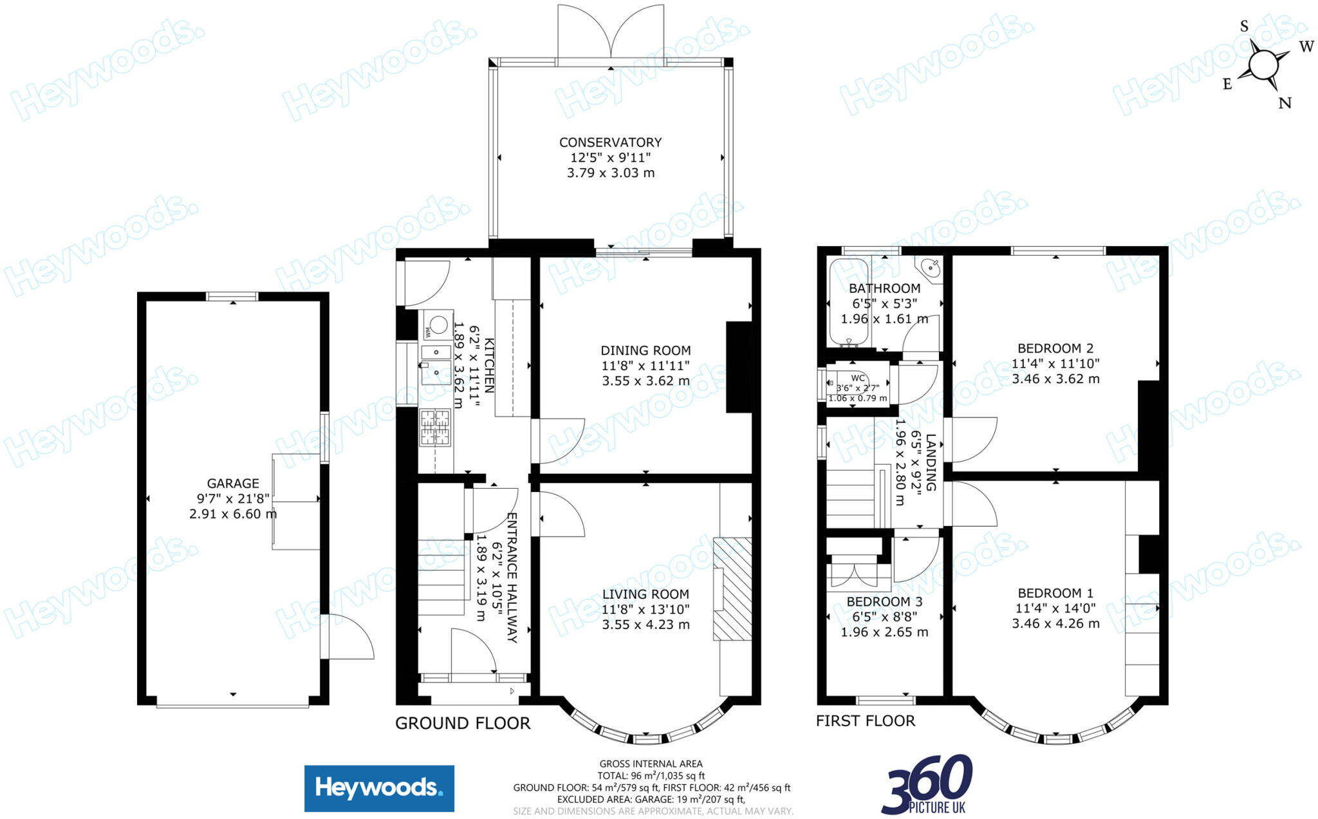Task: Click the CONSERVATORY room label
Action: coord(610,142)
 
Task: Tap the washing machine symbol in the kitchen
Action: coord(437,325)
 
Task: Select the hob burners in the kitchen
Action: coord(435,428)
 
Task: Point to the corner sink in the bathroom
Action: coord(929,268)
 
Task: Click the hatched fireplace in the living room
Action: coord(732,588)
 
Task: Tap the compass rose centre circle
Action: coord(1263,65)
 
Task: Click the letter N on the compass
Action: coord(1285,103)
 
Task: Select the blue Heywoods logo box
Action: coord(379,788)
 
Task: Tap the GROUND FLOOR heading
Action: coord(463,723)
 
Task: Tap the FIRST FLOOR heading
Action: coord(865,720)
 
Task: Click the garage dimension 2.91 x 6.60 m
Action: coord(233,514)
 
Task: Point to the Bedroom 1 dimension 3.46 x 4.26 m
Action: coord(1055,623)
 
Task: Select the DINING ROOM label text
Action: coord(645,350)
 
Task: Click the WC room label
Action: coord(857,378)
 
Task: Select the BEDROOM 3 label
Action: coord(884,601)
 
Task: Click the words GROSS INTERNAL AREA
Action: coord(651,764)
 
